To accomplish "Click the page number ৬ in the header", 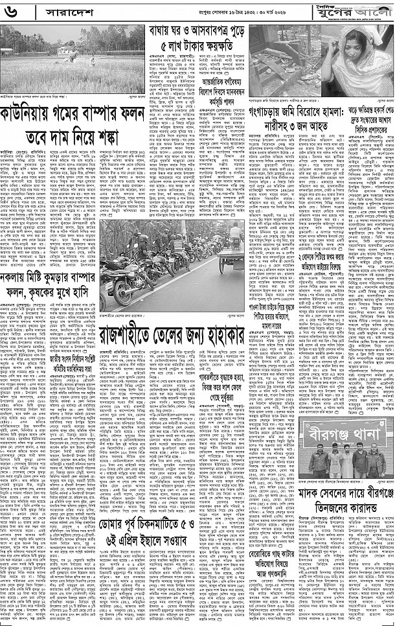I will [14, 12].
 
